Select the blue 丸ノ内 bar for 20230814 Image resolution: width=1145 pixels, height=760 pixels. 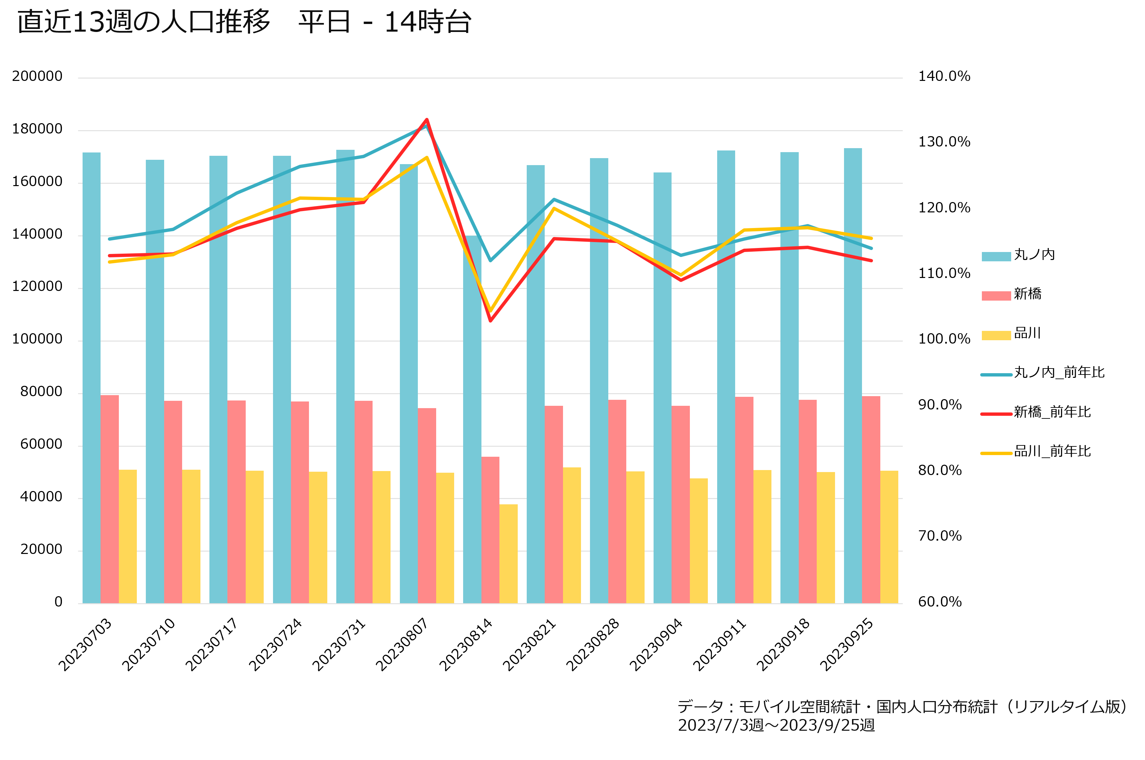point(472,420)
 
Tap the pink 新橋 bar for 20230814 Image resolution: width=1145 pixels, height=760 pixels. point(490,530)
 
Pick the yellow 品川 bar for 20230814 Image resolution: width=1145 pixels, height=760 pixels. point(508,554)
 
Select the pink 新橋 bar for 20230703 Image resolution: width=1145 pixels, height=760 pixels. point(110,499)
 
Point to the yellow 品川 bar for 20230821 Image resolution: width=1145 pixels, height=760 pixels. point(572,536)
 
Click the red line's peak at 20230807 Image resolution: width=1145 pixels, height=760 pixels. point(427,119)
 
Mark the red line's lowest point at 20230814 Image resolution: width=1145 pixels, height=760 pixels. point(490,320)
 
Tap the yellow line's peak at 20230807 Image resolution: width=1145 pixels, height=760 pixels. point(427,157)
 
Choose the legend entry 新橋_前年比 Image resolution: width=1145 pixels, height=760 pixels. point(1036,412)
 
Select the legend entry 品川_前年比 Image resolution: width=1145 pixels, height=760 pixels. point(1036,451)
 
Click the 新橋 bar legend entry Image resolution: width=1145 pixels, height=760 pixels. point(1012,294)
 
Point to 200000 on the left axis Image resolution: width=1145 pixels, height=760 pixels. point(37,77)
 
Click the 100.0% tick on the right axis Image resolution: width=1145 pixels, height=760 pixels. point(944,339)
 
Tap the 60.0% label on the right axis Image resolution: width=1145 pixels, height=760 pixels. point(940,602)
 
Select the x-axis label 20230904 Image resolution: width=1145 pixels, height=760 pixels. point(656,644)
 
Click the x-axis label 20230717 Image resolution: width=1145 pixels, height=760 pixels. point(212,644)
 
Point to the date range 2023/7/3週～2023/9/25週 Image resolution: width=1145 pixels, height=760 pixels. point(776,725)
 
